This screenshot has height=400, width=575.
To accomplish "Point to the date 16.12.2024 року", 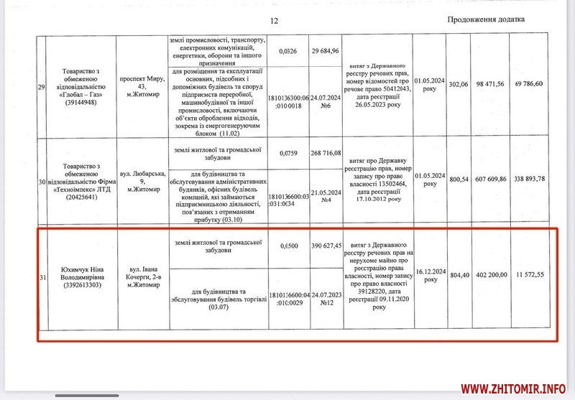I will point(430,274).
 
